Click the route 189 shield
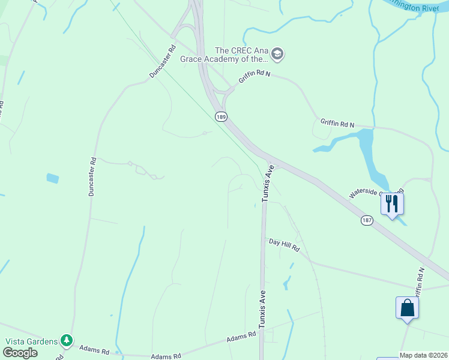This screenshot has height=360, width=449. [221, 117]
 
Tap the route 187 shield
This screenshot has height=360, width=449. [367, 220]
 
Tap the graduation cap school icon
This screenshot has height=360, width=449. [277, 55]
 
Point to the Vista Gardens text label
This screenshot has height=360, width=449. [31, 341]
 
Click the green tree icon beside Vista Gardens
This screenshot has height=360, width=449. [67, 341]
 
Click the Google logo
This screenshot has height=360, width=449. [20, 352]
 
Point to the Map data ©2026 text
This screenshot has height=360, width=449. [423, 355]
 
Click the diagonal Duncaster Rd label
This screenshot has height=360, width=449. [163, 61]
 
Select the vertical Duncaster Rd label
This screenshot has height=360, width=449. [92, 177]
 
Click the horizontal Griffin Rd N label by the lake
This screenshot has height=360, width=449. [337, 124]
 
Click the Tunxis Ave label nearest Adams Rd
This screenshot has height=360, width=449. [262, 310]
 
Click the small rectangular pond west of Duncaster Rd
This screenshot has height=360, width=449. [53, 178]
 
